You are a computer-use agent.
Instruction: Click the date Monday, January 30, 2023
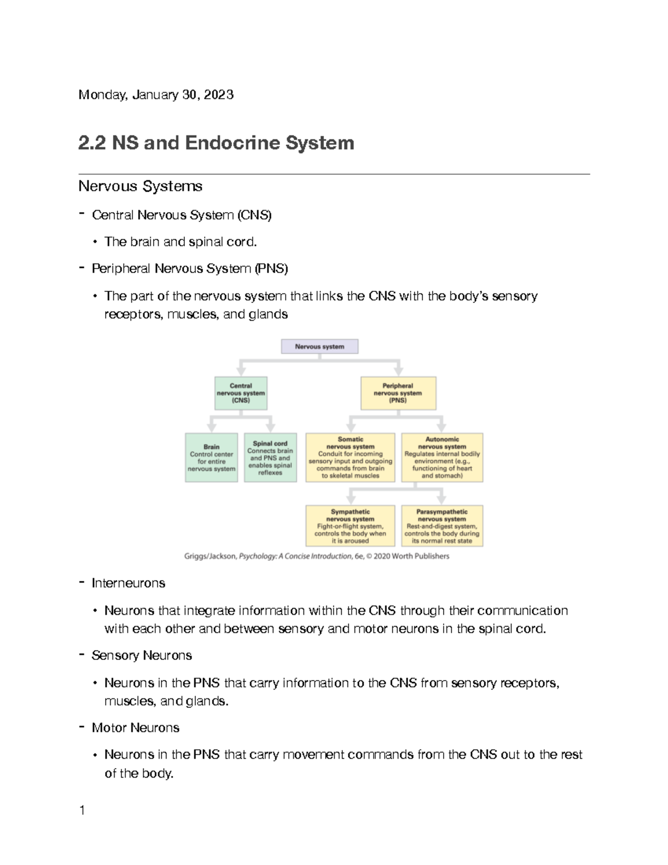pyautogui.click(x=156, y=95)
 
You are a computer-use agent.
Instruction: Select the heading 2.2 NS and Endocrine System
pyautogui.click(x=216, y=143)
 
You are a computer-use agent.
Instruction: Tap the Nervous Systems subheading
pyautogui.click(x=140, y=186)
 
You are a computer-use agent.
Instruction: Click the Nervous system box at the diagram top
pyautogui.click(x=320, y=346)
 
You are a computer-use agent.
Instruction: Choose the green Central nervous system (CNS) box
pyautogui.click(x=241, y=393)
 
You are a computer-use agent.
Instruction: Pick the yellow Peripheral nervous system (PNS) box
pyautogui.click(x=398, y=393)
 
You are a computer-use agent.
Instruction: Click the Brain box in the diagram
pyautogui.click(x=212, y=457)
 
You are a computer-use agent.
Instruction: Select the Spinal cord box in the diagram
pyautogui.click(x=271, y=457)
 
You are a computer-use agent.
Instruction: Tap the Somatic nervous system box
pyautogui.click(x=351, y=457)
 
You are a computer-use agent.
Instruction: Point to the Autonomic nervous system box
pyautogui.click(x=442, y=457)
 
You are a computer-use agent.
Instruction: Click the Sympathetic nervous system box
pyautogui.click(x=351, y=526)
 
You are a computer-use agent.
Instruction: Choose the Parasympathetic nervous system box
pyautogui.click(x=442, y=526)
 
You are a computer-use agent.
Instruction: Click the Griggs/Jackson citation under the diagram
pyautogui.click(x=317, y=556)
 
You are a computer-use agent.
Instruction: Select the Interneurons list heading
pyautogui.click(x=129, y=583)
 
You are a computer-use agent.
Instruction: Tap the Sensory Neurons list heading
pyautogui.click(x=142, y=656)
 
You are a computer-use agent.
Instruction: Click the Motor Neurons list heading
pyautogui.click(x=135, y=728)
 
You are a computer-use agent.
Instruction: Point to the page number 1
pyautogui.click(x=82, y=810)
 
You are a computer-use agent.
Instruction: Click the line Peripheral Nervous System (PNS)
pyautogui.click(x=190, y=268)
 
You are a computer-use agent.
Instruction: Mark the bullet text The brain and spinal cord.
pyautogui.click(x=181, y=242)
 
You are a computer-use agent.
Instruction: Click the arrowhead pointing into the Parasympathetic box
pyautogui.click(x=441, y=499)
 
